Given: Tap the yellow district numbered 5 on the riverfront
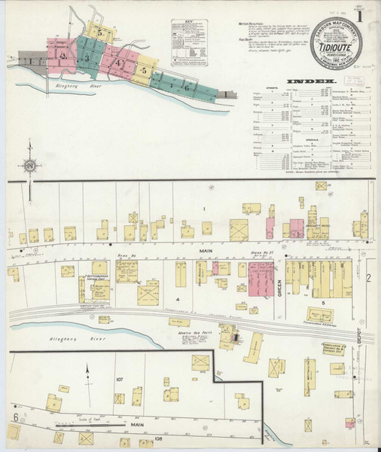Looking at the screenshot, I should pos(143,70).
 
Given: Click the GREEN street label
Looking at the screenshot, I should pos(279,286).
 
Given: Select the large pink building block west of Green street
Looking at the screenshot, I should pos(261,276).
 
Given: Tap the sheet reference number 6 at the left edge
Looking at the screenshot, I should pos(14,417).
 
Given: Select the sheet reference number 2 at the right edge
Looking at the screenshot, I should pos(369,279).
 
